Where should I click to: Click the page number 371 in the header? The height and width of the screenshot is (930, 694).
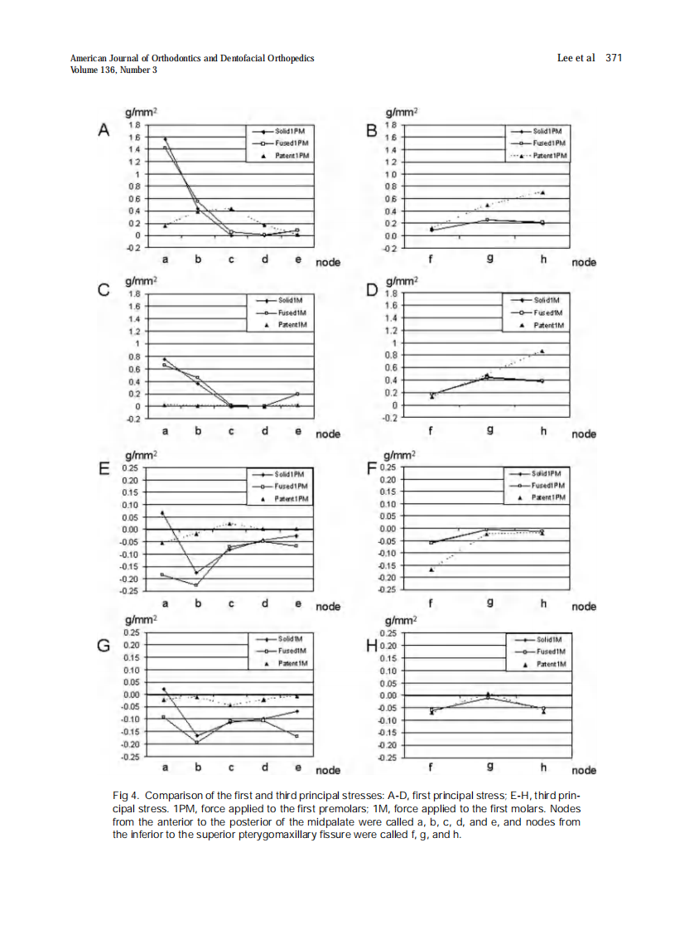tap(614, 57)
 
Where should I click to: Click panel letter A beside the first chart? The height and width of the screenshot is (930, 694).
tap(104, 129)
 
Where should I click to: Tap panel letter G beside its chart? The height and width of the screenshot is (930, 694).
tap(104, 644)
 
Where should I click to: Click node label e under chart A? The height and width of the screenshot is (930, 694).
tap(297, 259)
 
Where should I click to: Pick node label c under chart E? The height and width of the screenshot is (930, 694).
tap(231, 603)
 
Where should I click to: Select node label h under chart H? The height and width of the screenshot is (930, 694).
tap(543, 768)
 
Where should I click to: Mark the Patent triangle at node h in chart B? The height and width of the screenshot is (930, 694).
tap(542, 192)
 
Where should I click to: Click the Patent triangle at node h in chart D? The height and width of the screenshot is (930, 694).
tap(542, 351)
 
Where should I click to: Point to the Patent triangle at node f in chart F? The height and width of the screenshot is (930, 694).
tap(431, 569)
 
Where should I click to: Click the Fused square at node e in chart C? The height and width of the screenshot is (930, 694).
tap(297, 394)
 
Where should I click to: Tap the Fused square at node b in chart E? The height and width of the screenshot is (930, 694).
tap(197, 585)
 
